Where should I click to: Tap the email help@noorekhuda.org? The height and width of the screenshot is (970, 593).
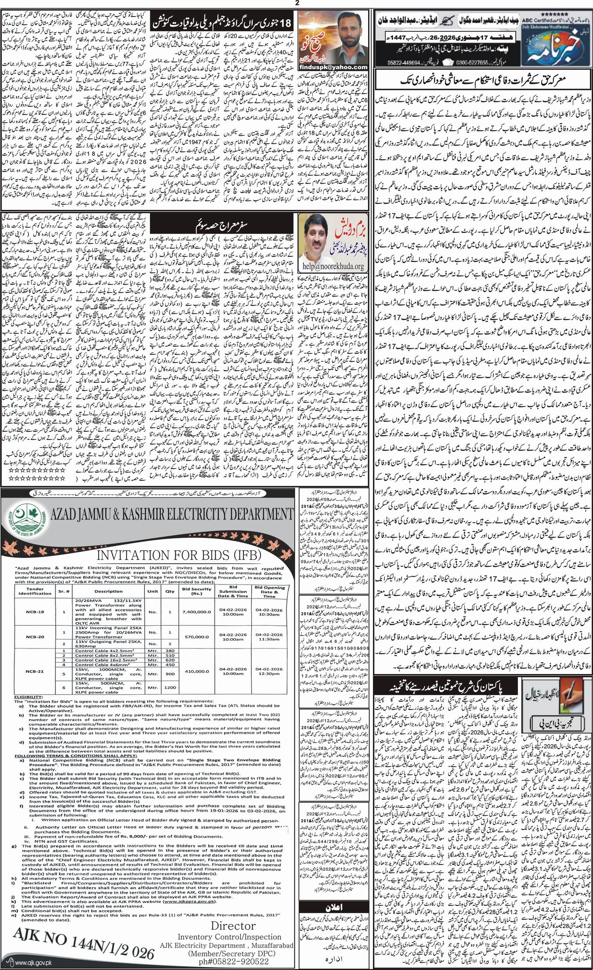[x=329, y=266]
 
